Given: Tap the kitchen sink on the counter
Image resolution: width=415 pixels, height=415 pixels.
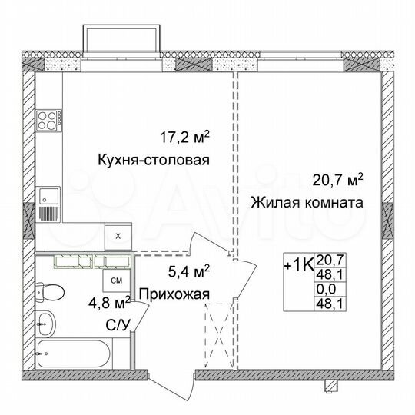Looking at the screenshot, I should [x=48, y=195].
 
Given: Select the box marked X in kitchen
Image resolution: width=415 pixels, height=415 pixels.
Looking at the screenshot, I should [x=117, y=237].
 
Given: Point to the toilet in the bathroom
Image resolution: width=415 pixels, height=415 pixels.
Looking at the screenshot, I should [x=51, y=293].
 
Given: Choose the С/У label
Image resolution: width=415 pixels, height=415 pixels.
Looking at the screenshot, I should [x=116, y=325].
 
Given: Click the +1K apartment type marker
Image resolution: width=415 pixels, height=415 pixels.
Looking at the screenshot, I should [x=297, y=267].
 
